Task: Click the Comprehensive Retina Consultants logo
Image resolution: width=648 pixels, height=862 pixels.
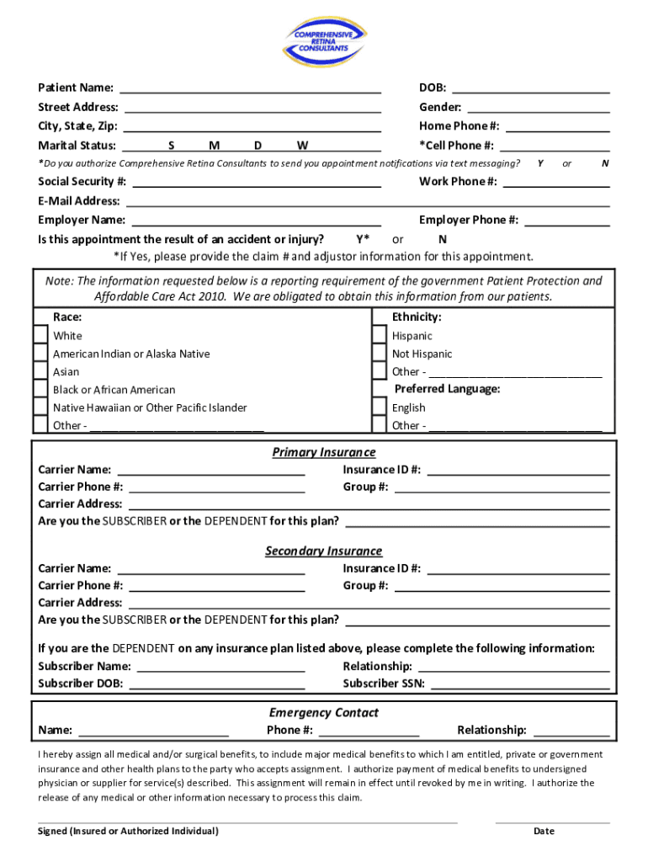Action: click(324, 42)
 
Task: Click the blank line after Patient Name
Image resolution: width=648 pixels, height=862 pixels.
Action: click(250, 88)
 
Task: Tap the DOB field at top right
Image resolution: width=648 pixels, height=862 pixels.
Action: click(531, 88)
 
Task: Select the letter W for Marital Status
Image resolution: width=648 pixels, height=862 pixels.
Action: click(302, 146)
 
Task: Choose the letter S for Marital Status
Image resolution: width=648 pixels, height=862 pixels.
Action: click(171, 146)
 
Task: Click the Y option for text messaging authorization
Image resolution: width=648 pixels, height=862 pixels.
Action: click(540, 162)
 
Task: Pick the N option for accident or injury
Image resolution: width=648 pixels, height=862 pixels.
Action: click(443, 239)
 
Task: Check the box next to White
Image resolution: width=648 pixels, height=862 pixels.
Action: click(40, 335)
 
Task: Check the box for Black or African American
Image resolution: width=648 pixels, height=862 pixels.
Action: click(40, 389)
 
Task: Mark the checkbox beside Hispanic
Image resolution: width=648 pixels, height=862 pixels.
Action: click(379, 335)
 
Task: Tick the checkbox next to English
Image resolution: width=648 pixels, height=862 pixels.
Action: click(379, 407)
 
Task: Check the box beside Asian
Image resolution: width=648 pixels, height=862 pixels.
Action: click(40, 371)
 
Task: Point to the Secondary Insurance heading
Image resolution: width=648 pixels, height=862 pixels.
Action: click(323, 551)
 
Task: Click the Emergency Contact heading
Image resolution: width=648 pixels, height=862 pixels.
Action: click(323, 713)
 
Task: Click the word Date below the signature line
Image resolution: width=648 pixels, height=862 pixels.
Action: click(544, 832)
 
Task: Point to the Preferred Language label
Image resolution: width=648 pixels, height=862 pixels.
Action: click(447, 389)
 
